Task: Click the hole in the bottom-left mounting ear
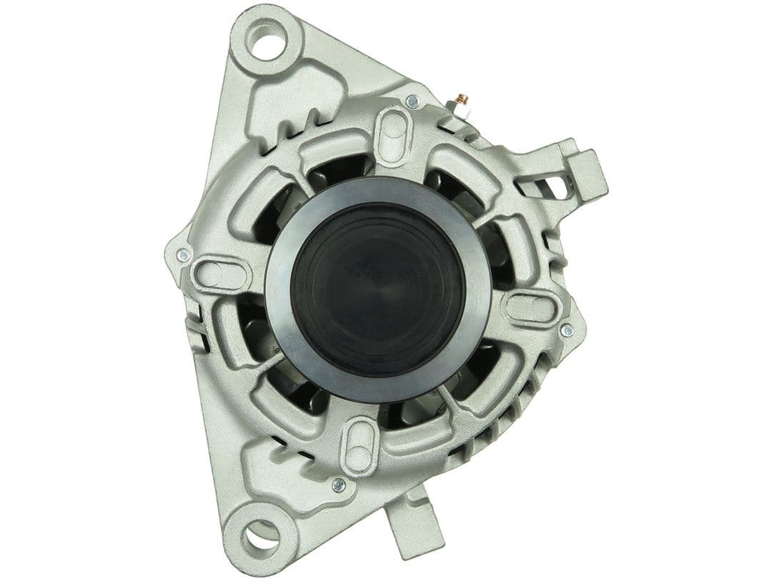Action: pos(259,536)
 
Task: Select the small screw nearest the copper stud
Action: pos(412,102)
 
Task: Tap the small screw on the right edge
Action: pos(567,330)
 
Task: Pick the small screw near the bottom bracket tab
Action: pos(339,485)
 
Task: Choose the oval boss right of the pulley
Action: pos(531,307)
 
